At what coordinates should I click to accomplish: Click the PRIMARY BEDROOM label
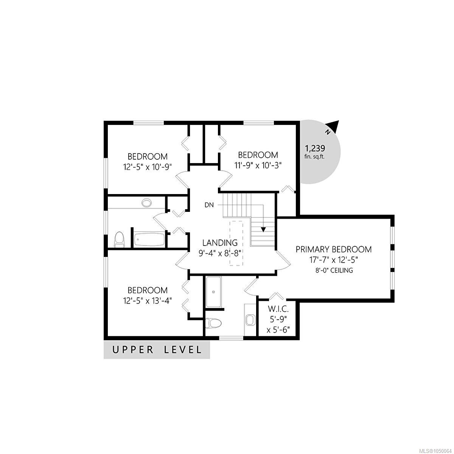point(334,249)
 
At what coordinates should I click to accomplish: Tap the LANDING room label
point(220,243)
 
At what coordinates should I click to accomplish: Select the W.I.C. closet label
point(278,309)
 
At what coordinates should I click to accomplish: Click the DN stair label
point(209,205)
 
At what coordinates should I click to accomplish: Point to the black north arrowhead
point(334,125)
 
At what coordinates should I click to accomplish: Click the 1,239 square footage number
point(315,148)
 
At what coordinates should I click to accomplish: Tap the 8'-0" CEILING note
point(334,270)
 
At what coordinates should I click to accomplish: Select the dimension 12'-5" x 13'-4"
point(148,301)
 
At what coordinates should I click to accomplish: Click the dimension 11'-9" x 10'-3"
point(258,165)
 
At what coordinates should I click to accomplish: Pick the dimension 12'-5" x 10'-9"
point(148,167)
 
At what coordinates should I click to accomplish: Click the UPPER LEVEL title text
point(157,350)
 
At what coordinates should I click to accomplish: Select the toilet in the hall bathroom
point(119,239)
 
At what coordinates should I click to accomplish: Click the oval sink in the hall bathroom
point(147,203)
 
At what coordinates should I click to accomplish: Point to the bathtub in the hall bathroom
point(149,239)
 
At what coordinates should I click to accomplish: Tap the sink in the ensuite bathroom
point(250,320)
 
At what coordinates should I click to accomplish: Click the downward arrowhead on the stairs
point(263,230)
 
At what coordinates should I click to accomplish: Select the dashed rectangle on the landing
point(236,243)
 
